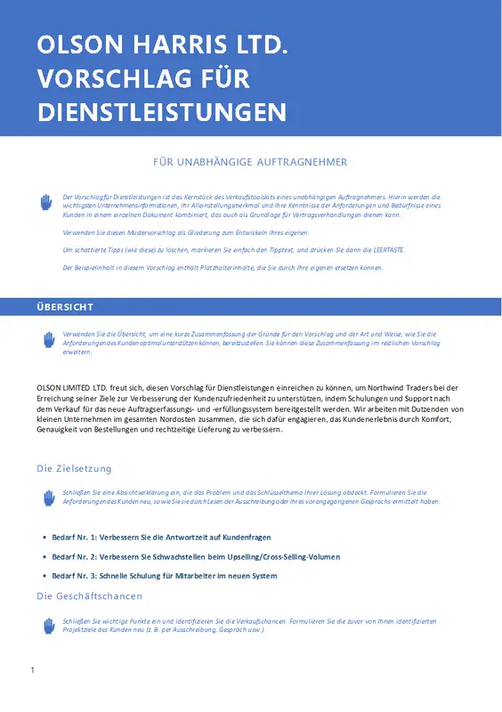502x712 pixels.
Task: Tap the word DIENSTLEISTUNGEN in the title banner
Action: pos(161,112)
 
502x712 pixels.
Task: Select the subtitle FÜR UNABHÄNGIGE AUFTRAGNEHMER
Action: pos(250,162)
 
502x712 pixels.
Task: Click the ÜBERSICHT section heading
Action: pos(65,307)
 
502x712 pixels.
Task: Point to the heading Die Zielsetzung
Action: pos(74,468)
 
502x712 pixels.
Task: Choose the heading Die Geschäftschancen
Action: pos(89,595)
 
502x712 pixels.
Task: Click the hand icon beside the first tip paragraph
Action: pos(47,203)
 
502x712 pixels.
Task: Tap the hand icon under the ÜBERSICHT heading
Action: pos(49,340)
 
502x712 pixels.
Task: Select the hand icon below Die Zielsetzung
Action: pos(49,498)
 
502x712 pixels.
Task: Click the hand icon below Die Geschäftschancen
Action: pos(49,627)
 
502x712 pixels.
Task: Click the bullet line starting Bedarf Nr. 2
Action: pos(196,557)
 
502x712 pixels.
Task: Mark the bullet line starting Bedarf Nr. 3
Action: pos(165,576)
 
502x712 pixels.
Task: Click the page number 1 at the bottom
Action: pos(32,669)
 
